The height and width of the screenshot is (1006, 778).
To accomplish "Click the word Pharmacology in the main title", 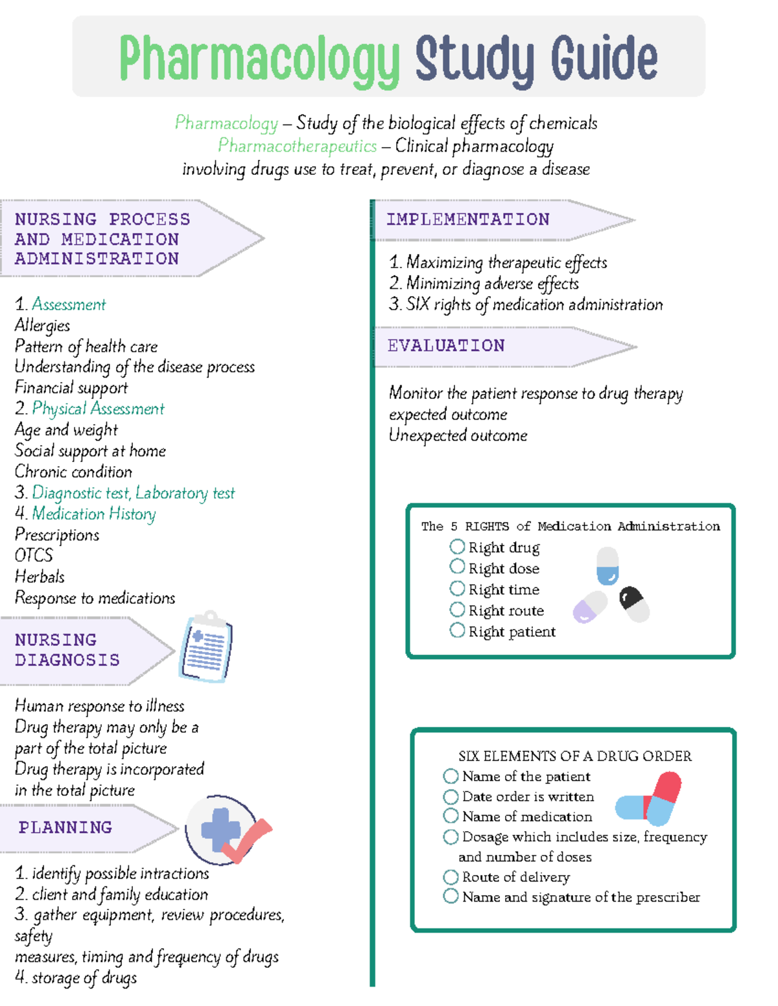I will point(259,60).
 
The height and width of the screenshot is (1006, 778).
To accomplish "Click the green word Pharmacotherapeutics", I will point(297,146).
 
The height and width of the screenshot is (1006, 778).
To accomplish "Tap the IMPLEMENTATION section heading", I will point(467,220).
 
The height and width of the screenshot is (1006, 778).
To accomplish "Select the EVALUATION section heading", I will point(446,346).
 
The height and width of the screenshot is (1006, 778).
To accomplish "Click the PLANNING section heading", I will point(65,827).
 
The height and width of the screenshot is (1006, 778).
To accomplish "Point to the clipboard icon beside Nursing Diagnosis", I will point(206,647).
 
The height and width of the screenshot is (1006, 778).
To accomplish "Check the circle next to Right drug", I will point(457,547).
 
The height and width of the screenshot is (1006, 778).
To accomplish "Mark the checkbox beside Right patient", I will point(457,630).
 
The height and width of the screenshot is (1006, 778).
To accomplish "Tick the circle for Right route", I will point(457,610).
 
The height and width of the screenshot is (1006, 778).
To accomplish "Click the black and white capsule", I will point(634,604).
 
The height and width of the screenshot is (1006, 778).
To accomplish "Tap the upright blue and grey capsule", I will point(607,566).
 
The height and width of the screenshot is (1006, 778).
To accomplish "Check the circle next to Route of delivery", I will point(451,877).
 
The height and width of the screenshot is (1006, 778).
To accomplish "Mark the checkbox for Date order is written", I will point(451,796).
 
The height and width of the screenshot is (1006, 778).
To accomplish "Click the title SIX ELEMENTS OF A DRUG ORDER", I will point(574,756).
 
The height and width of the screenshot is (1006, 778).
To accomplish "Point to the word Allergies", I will point(42,325).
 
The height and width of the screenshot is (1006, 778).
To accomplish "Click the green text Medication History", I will point(94,514).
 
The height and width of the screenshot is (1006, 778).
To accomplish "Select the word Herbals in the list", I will point(40,577).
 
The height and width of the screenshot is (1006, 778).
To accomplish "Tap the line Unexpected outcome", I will point(458,435).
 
